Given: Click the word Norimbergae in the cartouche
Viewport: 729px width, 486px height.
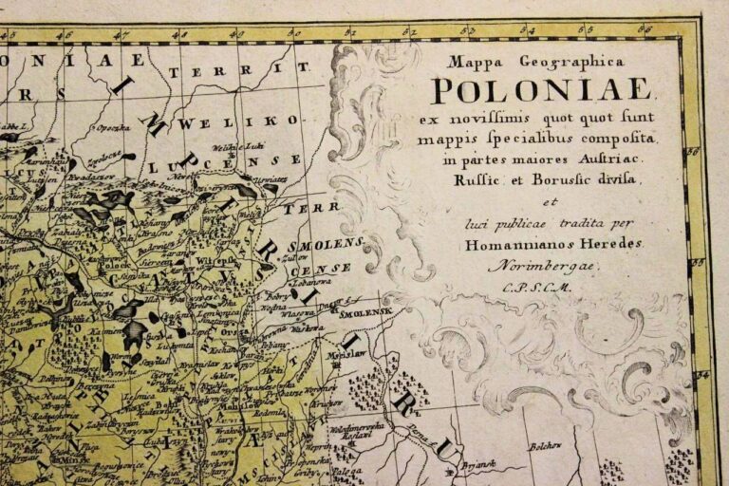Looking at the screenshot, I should pyautogui.click(x=533, y=267).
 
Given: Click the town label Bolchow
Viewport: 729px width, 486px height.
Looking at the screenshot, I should pyautogui.click(x=544, y=442).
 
